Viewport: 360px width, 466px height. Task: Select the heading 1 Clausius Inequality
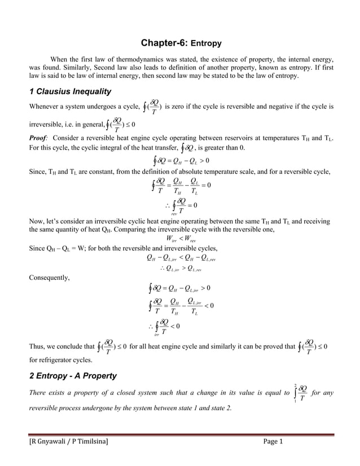[69, 92]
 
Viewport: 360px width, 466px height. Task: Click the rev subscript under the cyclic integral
[173, 214]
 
